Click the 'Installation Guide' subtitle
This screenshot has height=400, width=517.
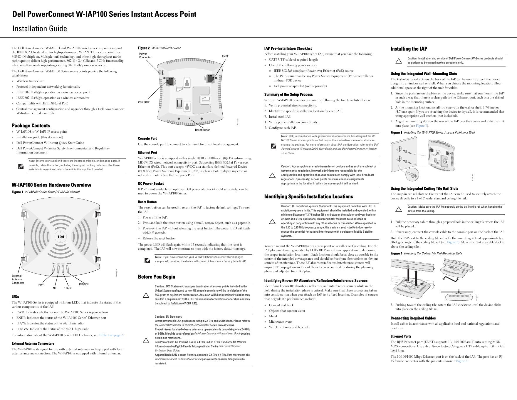(x=40, y=29)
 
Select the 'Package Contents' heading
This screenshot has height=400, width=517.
(x=31, y=126)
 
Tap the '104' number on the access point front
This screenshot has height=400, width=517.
(x=61, y=237)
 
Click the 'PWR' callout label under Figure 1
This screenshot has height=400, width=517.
(x=41, y=285)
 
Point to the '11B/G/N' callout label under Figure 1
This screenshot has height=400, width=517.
(x=83, y=284)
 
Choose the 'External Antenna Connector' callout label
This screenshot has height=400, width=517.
(x=18, y=279)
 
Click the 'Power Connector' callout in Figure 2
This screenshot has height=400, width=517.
(x=145, y=56)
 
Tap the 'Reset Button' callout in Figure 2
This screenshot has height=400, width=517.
(x=203, y=130)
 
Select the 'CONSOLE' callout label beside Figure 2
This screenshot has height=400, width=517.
(x=144, y=102)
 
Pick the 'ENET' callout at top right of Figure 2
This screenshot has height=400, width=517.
(x=225, y=56)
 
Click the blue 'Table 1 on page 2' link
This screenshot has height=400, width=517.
(x=111, y=335)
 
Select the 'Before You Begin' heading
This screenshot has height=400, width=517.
(x=157, y=277)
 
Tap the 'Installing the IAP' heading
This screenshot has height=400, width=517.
(x=409, y=49)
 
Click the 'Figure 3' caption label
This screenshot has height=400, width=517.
(x=396, y=132)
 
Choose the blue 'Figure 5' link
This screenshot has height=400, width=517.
(x=462, y=361)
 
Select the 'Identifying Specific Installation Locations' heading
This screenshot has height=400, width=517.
(x=308, y=196)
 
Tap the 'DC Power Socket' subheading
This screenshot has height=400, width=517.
(x=151, y=184)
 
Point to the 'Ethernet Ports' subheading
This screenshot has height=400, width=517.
(x=401, y=336)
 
